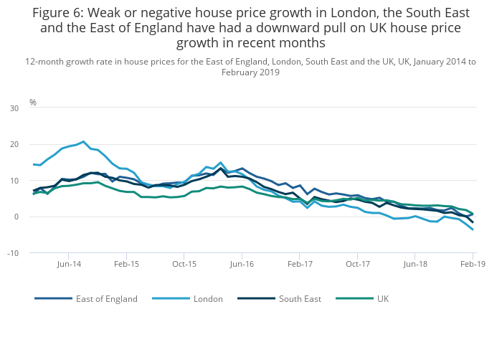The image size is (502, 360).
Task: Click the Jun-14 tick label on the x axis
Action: click(x=69, y=264)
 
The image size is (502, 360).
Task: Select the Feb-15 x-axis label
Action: click(x=127, y=264)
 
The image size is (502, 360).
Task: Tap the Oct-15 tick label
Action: click(x=184, y=264)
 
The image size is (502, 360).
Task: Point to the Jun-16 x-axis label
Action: click(x=242, y=264)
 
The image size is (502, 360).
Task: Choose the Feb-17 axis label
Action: click(x=300, y=264)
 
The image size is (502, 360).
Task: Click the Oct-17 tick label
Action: click(x=357, y=264)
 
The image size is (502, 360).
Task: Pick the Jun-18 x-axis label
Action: click(x=415, y=264)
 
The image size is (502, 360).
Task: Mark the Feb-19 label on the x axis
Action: click(x=473, y=264)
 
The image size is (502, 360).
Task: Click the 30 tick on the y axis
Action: click(x=14, y=108)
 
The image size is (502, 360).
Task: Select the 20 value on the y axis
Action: click(x=14, y=144)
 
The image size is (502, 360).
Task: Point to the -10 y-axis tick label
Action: click(x=13, y=253)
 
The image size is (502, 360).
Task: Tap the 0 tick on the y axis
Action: click(x=16, y=217)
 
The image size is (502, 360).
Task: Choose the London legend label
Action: click(x=208, y=299)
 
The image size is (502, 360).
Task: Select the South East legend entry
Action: click(x=300, y=299)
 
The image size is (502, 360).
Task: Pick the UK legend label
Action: click(x=383, y=299)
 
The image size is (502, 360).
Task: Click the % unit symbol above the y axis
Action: click(x=33, y=103)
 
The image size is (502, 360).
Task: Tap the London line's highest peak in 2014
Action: click(x=83, y=142)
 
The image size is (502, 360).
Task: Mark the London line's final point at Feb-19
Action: click(x=473, y=229)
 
